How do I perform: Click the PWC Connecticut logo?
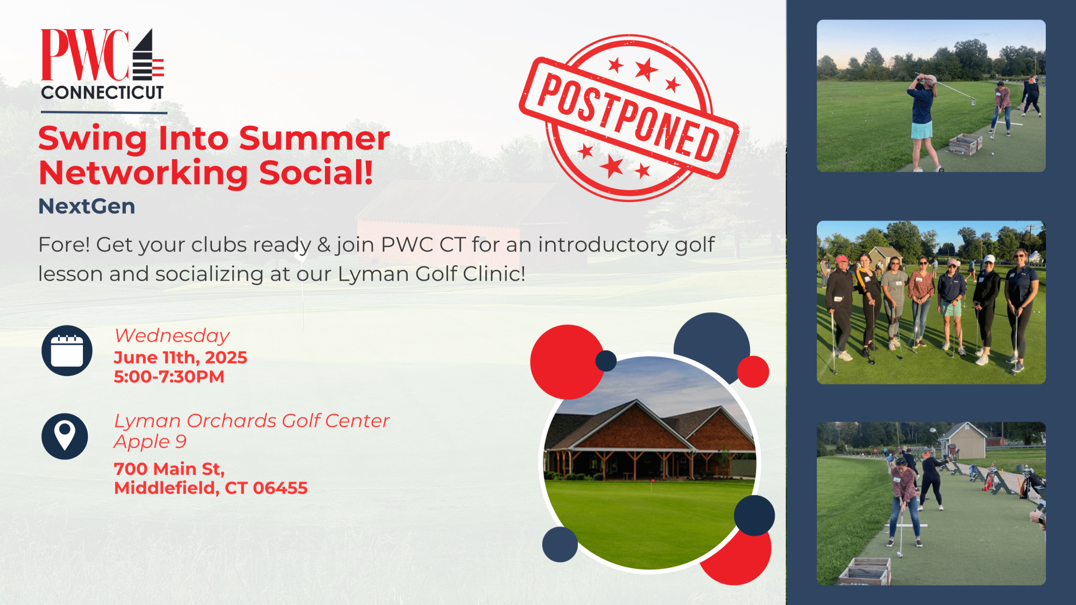pos(103,65)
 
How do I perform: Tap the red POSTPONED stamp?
pos(629,118)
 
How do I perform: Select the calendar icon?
pos(67,351)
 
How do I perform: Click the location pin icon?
pos(65,436)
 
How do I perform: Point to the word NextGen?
pos(87,207)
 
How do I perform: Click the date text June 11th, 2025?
pos(180,358)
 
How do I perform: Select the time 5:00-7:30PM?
pos(169,377)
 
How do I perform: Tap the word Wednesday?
pos(172,336)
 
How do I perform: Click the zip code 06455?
pos(280,488)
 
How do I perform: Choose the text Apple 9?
pos(150,442)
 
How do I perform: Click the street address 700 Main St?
pos(169,469)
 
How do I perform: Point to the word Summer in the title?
pos(314,139)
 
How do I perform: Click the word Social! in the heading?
pos(316,173)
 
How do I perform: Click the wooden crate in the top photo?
pos(965,144)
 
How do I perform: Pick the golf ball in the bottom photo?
pos(898,554)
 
